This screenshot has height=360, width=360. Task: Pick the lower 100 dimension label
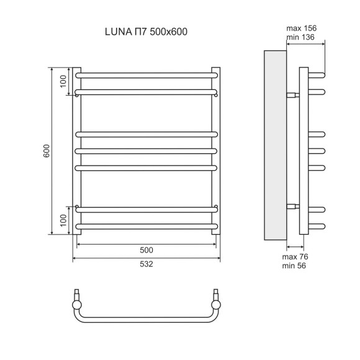pos(63,220)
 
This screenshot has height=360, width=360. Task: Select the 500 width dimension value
pos(146,250)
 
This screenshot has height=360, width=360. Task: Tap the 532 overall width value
pos(146,264)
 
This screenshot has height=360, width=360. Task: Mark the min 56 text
pos(294,266)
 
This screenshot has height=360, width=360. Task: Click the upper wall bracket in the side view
pos(292,96)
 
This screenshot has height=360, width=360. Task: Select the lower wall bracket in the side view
pos(292,205)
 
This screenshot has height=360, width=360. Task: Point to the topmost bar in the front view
pos(146,74)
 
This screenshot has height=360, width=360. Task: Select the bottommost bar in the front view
pos(146,226)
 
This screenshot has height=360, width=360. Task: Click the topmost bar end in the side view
pos(317,75)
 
